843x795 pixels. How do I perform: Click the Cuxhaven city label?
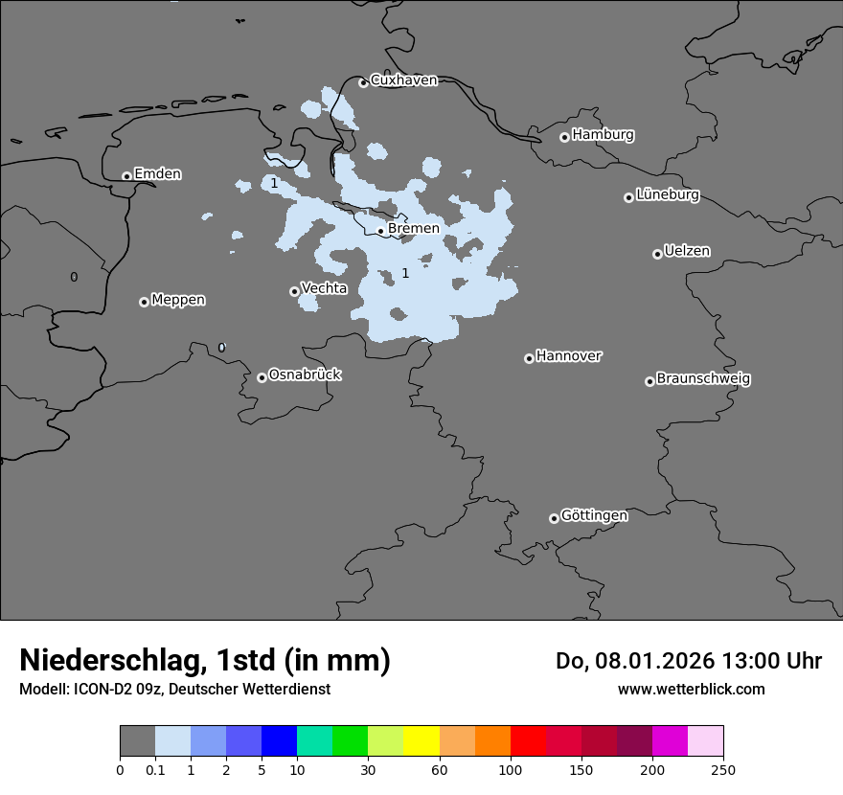point(403,80)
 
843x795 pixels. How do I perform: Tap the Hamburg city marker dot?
point(564,137)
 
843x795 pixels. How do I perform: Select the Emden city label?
point(157,174)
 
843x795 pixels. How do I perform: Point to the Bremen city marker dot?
point(380,231)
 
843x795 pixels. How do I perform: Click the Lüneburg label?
point(668,195)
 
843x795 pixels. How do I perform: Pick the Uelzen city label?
point(687,252)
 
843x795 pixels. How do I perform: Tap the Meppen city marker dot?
point(144,302)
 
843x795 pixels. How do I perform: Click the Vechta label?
point(324,288)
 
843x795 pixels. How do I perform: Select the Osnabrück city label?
point(305,375)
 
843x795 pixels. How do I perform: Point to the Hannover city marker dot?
point(529,358)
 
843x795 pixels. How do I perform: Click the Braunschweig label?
point(703,379)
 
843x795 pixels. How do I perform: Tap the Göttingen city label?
point(594,516)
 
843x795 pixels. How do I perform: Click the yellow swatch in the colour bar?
point(421,741)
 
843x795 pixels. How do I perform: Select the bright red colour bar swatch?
point(528,741)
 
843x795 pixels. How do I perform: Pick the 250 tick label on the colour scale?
point(723,769)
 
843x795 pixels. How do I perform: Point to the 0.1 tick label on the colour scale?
point(155,769)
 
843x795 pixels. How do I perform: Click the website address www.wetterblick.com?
point(691,689)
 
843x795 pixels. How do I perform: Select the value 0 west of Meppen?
point(74,278)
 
